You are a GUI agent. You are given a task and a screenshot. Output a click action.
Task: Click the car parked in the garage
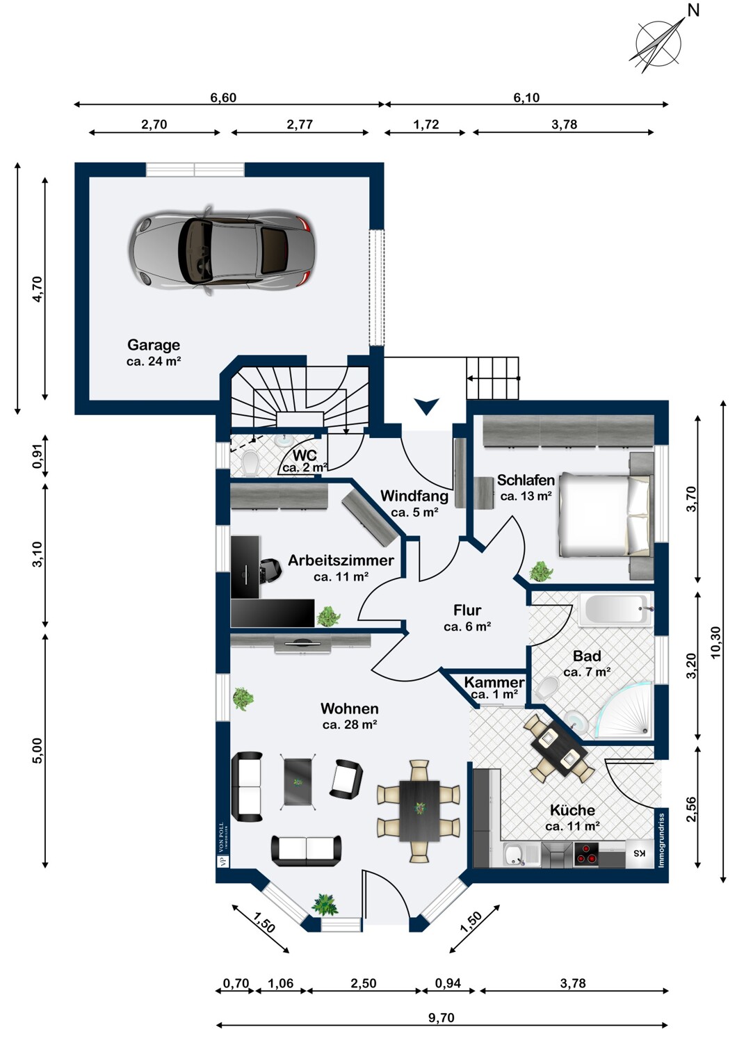tap(222, 250)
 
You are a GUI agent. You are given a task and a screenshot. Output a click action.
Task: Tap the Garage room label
tap(154, 345)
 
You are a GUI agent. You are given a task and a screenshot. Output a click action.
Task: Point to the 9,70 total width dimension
tap(441, 1018)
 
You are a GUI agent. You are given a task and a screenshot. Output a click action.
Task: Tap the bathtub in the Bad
tap(615, 610)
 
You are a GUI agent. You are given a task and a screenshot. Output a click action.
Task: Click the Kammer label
tap(494, 683)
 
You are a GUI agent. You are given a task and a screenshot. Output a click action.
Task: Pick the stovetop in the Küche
tap(586, 853)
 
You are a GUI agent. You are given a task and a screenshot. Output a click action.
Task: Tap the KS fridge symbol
tap(639, 853)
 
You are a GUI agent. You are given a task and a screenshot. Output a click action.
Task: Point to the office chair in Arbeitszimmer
tap(271, 570)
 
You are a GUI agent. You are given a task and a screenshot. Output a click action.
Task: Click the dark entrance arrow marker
tap(426, 406)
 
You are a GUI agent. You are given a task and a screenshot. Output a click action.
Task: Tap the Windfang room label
tap(414, 496)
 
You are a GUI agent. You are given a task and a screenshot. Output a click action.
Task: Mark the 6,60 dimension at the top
tap(223, 98)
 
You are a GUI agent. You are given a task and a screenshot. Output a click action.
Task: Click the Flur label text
tap(467, 610)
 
